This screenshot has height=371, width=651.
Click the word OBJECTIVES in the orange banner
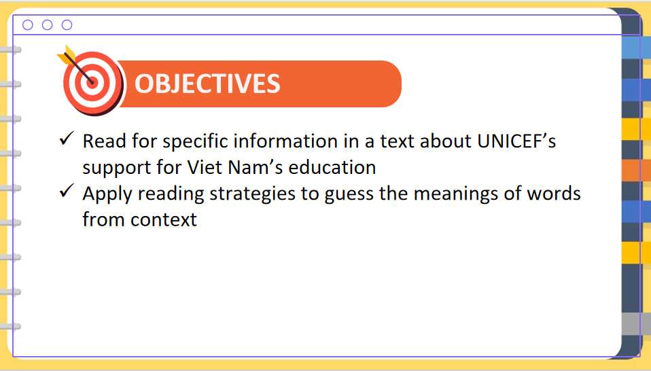tap(207, 84)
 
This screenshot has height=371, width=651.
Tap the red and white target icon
tap(92, 82)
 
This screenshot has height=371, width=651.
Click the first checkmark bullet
tap(66, 139)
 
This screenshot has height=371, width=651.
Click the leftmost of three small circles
tap(28, 25)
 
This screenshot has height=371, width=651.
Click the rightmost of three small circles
tap(67, 25)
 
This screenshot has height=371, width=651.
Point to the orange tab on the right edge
tap(631, 170)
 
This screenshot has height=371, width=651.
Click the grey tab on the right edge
tap(631, 323)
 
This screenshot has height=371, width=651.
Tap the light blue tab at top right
tap(631, 47)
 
